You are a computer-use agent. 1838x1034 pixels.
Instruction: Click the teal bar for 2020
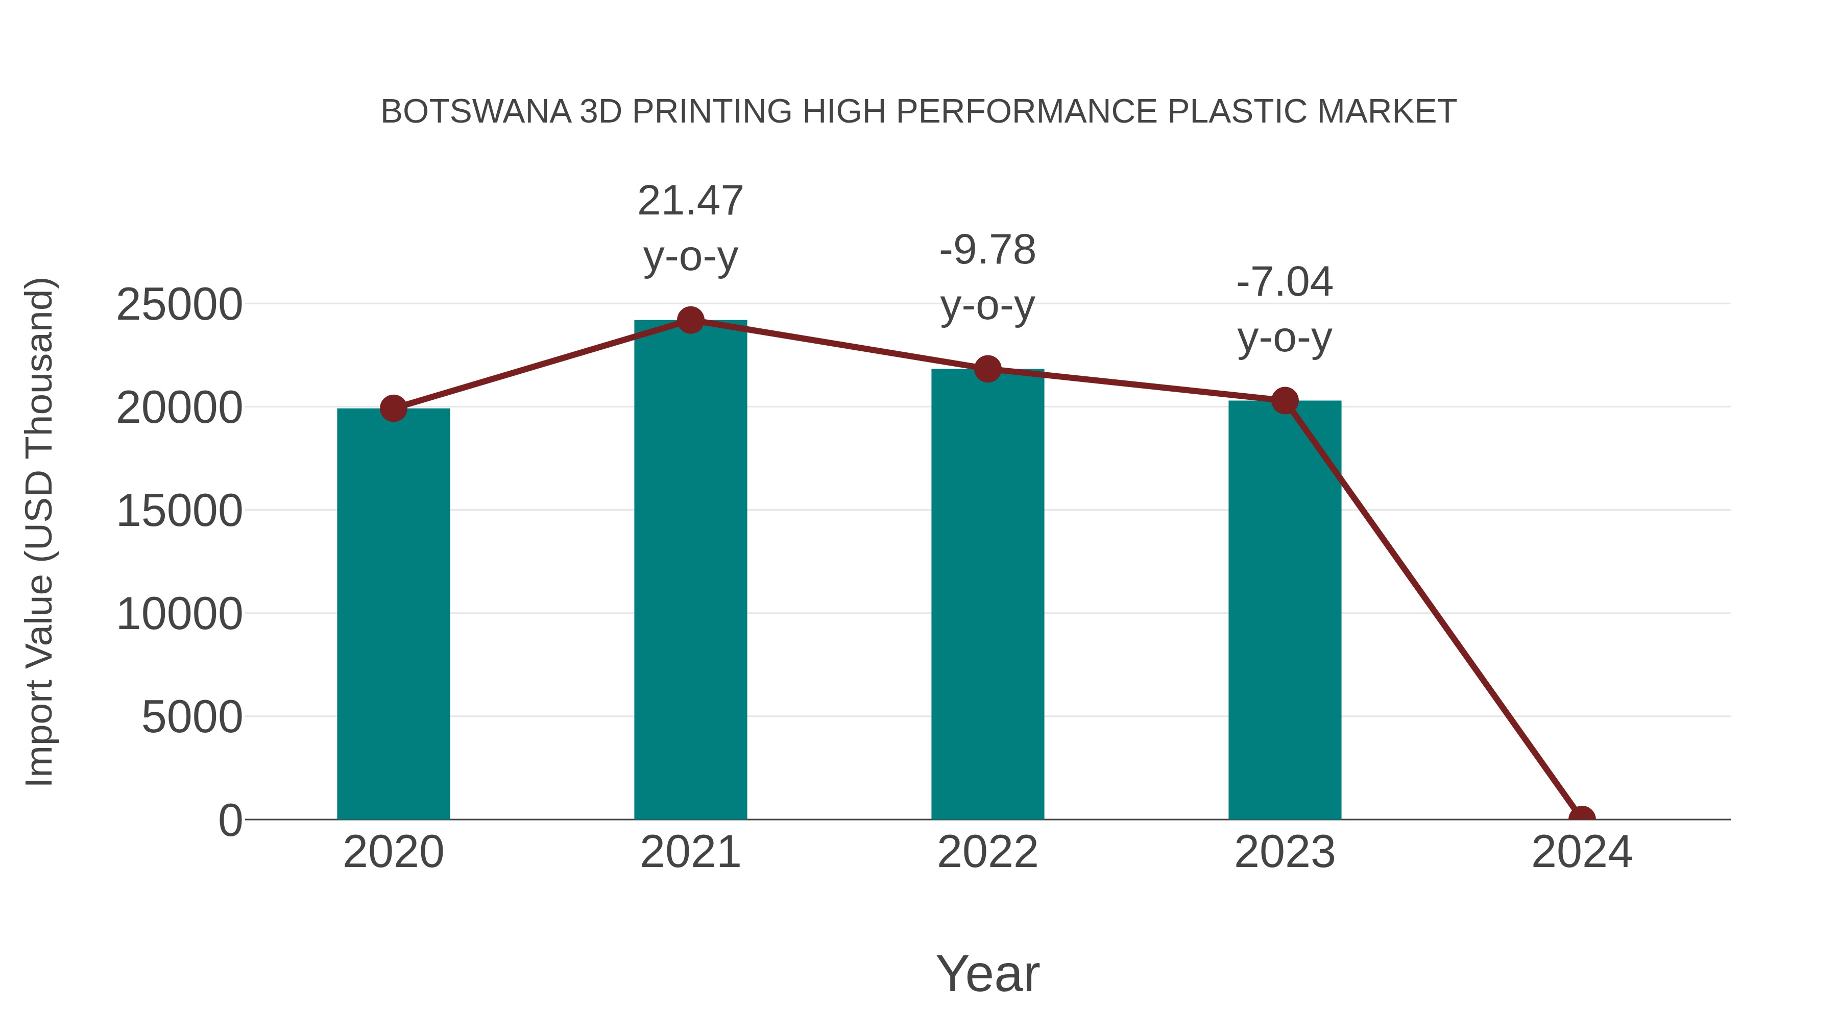393,614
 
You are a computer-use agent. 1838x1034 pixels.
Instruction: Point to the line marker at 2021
690,320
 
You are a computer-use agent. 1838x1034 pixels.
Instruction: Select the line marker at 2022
987,369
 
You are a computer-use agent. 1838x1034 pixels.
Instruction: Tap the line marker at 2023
1285,400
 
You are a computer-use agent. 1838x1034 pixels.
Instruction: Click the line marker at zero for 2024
1581,818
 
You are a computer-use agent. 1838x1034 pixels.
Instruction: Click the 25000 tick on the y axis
179,305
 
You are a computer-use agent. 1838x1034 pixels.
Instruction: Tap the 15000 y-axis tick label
179,511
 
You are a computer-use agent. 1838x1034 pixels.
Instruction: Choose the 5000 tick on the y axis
192,717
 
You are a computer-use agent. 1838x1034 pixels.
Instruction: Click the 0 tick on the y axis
230,820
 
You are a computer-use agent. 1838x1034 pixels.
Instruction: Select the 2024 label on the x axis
1581,852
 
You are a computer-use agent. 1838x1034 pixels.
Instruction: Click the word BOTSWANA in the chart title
476,112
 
